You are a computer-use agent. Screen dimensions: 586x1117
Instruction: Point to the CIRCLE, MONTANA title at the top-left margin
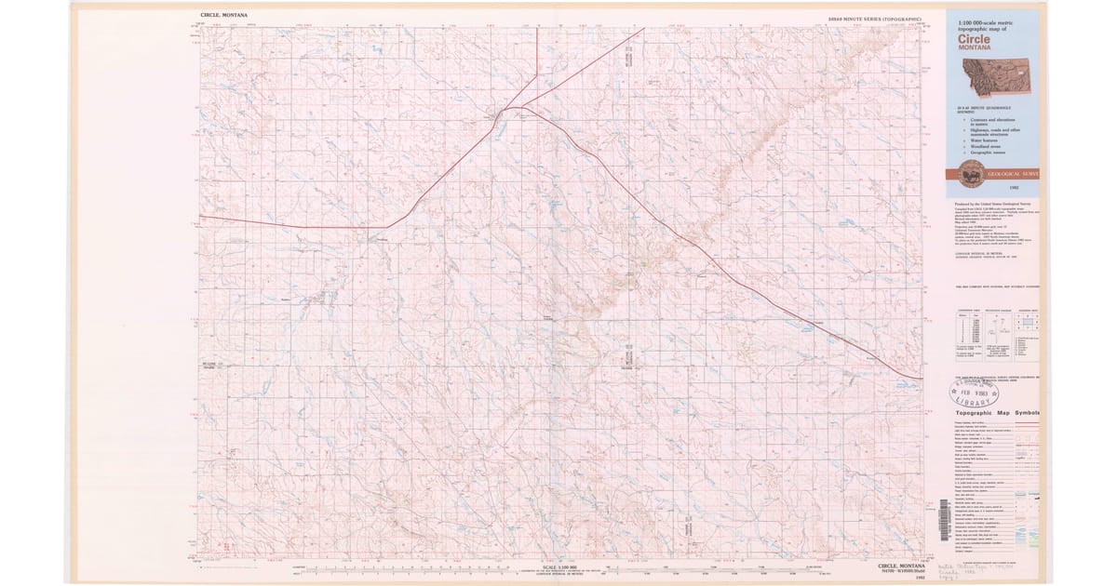[223, 15]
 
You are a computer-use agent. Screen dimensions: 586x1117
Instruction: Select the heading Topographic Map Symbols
[996, 413]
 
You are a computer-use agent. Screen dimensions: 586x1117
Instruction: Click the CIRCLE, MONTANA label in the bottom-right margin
[899, 566]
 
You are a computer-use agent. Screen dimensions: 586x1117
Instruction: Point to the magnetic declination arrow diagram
[997, 329]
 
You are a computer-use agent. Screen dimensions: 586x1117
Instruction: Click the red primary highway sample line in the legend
[1024, 421]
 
